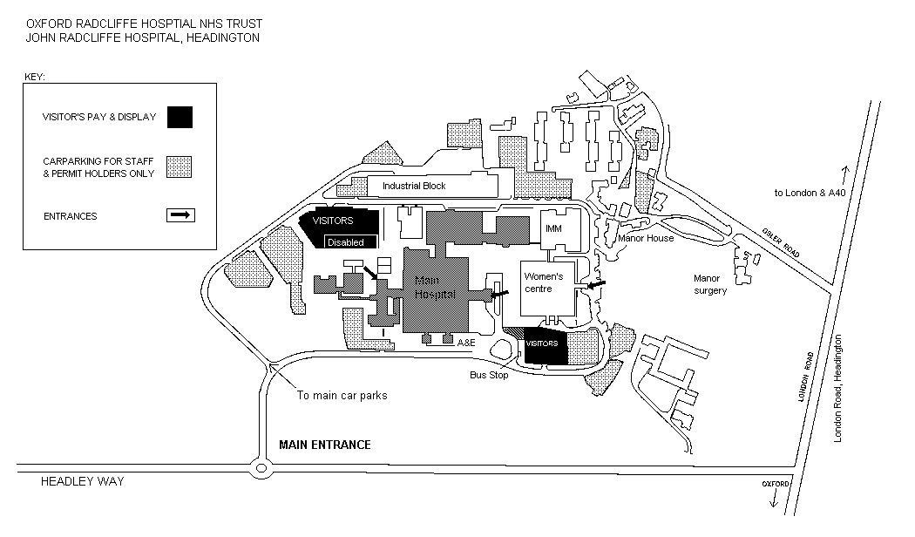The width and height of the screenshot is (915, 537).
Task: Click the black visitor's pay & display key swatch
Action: (x=180, y=117)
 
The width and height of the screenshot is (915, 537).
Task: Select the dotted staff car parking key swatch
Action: (x=180, y=167)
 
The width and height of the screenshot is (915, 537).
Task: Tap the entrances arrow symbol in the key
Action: (x=180, y=215)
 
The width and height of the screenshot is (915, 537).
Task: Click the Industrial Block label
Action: (x=414, y=186)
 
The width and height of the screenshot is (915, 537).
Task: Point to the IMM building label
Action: (x=554, y=228)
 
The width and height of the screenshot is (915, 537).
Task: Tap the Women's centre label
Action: (x=544, y=282)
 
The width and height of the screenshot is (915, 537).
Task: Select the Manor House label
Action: (x=646, y=238)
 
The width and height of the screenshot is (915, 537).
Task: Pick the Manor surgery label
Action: (x=710, y=284)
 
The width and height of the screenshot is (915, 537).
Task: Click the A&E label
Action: (x=467, y=343)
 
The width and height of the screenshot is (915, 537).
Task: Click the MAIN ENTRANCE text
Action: (x=324, y=445)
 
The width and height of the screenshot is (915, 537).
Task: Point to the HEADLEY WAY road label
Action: (x=84, y=481)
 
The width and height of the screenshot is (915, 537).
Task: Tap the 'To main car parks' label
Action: (x=342, y=395)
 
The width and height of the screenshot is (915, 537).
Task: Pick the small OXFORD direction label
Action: (x=775, y=484)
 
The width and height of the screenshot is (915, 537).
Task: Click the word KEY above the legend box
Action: (x=34, y=77)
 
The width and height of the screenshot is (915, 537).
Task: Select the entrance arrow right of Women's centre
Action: (x=596, y=285)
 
